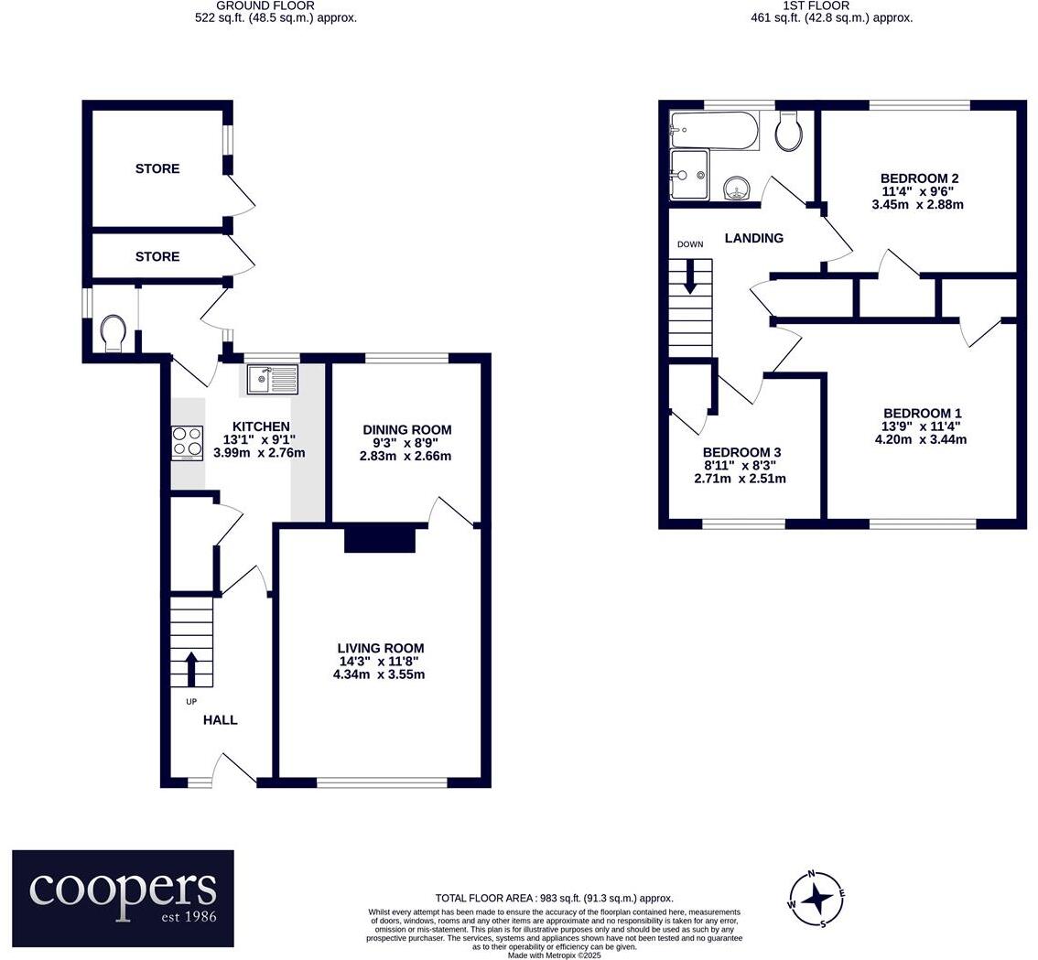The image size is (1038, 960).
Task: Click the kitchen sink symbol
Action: [x=272, y=379]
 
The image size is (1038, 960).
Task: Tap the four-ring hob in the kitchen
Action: [x=187, y=443]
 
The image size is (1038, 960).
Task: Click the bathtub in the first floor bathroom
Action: [x=714, y=131]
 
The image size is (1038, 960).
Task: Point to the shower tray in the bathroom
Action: [x=688, y=174]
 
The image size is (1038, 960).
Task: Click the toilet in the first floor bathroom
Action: [x=788, y=132]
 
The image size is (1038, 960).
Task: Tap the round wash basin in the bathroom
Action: [x=737, y=189]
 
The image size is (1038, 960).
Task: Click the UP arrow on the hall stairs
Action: [x=191, y=669]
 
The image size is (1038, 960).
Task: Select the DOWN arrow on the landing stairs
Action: [x=690, y=275]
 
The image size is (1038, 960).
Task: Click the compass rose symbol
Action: [x=816, y=898]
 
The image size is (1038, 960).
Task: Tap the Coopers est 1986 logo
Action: [x=123, y=898]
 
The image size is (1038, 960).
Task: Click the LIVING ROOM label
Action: [x=379, y=648]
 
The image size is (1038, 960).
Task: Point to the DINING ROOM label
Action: [x=406, y=429]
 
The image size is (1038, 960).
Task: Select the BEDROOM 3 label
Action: [x=741, y=452]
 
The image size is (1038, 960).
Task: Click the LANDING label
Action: [x=753, y=238]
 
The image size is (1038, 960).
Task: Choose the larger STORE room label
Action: [x=157, y=168]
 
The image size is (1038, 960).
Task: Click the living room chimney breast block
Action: [x=380, y=539]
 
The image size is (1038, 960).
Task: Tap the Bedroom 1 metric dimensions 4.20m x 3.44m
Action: [x=920, y=439]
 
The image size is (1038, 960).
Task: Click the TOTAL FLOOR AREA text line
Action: [x=554, y=899]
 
